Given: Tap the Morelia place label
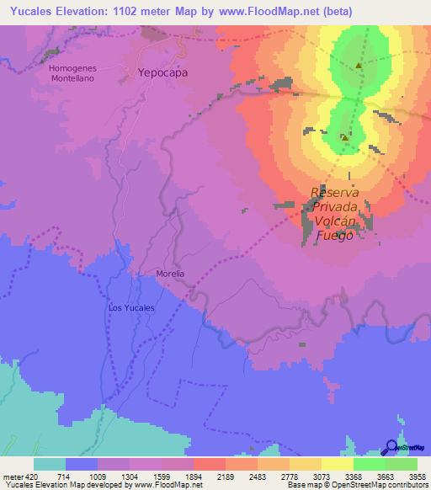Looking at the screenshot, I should (x=171, y=274).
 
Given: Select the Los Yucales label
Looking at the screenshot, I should (x=132, y=308).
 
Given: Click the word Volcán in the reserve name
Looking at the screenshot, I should (x=338, y=221).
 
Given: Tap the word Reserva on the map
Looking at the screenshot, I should (x=336, y=191).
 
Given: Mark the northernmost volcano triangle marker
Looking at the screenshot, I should (x=359, y=66).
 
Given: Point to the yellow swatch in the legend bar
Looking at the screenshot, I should (x=337, y=463).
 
